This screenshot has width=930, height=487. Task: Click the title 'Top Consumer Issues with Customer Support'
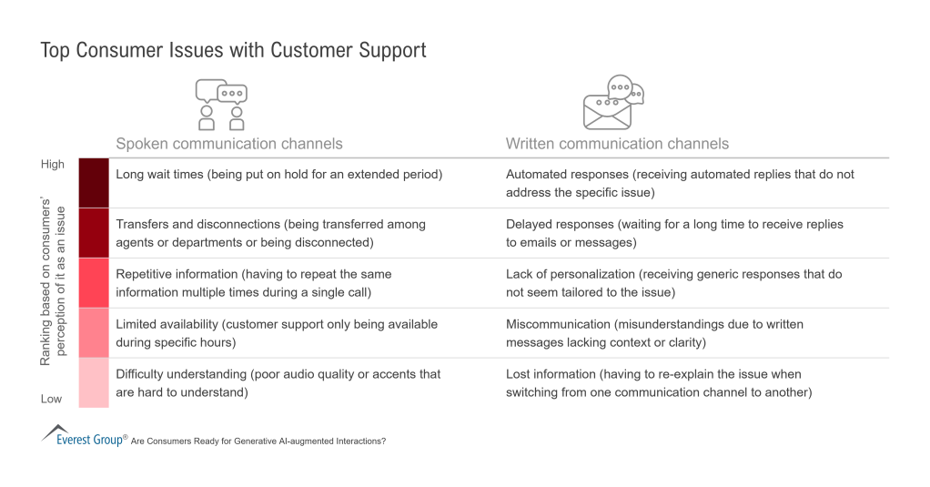[233, 50]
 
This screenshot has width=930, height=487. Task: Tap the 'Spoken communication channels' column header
[228, 143]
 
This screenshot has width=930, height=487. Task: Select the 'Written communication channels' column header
[617, 143]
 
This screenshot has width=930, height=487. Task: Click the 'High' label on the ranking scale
[53, 164]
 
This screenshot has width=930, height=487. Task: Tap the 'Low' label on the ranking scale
[51, 399]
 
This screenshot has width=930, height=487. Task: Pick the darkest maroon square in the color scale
[94, 183]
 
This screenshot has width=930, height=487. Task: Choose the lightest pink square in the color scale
[94, 383]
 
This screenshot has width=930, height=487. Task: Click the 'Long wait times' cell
[278, 174]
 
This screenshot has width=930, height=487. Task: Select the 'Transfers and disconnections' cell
[270, 233]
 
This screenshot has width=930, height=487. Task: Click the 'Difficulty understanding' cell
[278, 383]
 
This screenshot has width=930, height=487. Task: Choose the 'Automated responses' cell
[680, 183]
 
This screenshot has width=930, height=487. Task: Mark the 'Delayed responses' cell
[674, 233]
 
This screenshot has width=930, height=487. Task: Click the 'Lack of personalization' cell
[673, 283]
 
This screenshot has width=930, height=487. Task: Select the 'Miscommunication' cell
[654, 333]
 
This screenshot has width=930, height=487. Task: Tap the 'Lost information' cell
[658, 383]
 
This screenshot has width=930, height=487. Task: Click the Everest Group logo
[83, 436]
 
